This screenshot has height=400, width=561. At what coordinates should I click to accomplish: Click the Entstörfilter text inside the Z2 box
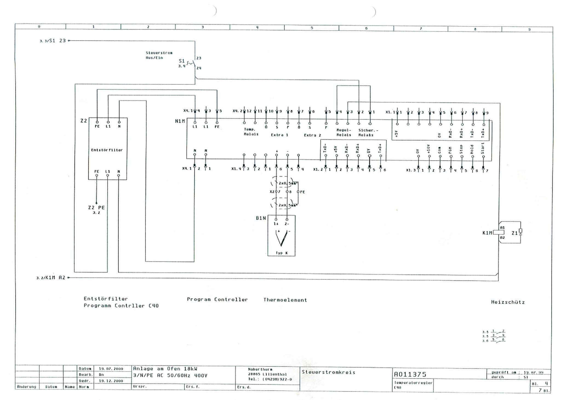(107, 150)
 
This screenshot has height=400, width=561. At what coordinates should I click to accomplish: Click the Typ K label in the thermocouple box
(282, 253)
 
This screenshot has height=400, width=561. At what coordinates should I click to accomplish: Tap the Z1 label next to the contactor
(514, 233)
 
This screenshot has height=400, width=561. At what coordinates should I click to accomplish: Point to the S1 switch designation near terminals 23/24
(182, 61)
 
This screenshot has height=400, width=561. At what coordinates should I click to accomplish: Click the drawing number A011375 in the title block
(410, 375)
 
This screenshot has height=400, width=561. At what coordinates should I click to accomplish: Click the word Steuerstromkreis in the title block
(328, 372)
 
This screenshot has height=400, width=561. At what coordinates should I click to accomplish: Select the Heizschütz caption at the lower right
(508, 302)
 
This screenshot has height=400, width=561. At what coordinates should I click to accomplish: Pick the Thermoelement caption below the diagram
(285, 300)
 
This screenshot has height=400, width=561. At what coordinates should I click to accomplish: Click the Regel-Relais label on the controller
(344, 132)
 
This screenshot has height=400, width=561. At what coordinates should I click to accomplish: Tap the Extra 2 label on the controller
(312, 135)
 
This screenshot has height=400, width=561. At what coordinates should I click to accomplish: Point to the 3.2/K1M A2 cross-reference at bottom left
(51, 278)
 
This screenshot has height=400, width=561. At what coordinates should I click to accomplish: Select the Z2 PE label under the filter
(96, 208)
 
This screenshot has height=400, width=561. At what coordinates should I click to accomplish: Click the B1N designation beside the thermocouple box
(261, 218)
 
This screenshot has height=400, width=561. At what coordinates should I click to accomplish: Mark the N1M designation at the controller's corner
(180, 121)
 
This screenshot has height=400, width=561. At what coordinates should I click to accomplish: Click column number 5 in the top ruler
(312, 28)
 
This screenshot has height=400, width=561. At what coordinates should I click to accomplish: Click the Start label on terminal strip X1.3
(483, 148)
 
